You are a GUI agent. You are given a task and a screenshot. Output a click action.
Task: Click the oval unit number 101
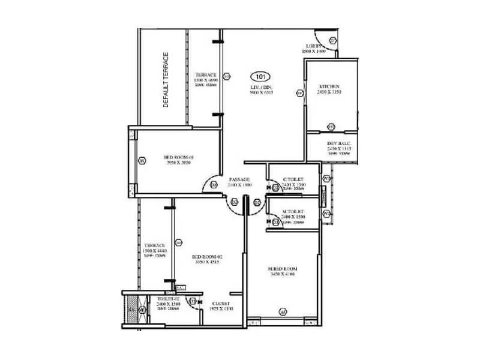point(260,76)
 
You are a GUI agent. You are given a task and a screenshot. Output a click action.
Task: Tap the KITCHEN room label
point(329,86)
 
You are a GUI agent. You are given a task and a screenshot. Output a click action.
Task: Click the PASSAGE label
point(239,180)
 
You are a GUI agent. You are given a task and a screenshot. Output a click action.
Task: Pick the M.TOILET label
point(293,212)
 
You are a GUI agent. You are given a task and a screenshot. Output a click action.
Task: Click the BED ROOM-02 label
point(205,256)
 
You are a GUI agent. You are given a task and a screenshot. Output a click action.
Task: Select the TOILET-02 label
point(169,298)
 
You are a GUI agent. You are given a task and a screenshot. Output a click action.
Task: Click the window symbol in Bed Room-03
point(142,161)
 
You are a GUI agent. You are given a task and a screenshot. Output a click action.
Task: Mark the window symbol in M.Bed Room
point(283,311)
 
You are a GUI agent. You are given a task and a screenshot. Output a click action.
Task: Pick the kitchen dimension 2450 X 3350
point(329,92)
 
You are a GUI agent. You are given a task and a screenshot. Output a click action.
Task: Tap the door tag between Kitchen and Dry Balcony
point(331,127)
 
